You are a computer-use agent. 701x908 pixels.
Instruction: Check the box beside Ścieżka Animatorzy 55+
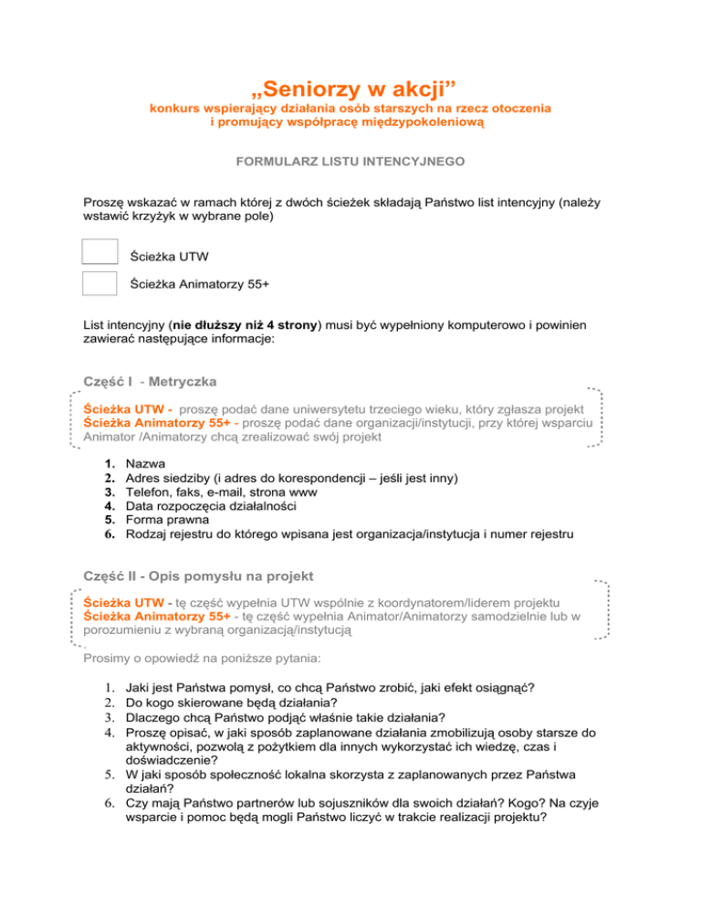(x=99, y=283)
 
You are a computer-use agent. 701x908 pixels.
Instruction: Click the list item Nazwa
(x=147, y=464)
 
